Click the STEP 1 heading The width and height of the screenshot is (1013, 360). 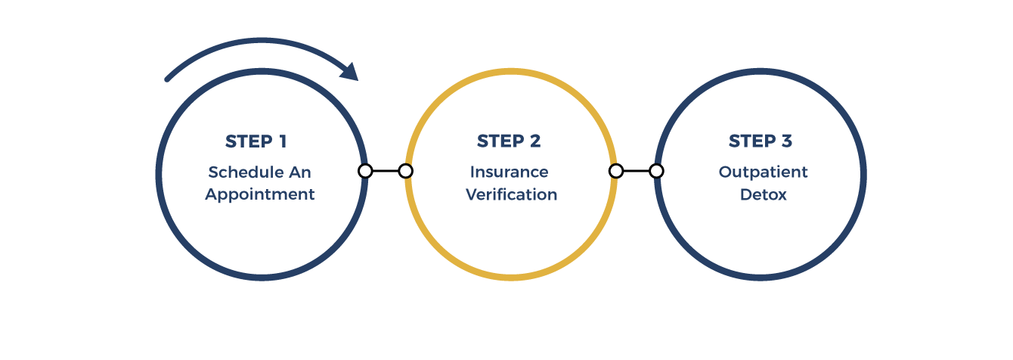(x=256, y=141)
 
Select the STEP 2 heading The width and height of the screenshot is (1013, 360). (x=509, y=141)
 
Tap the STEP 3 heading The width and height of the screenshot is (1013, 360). (x=761, y=141)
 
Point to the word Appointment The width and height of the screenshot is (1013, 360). (x=259, y=194)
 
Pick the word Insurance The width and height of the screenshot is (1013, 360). (x=509, y=172)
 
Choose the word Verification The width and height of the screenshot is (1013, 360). (x=511, y=194)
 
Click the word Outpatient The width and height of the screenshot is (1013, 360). (x=763, y=172)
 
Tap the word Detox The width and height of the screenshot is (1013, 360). (x=763, y=194)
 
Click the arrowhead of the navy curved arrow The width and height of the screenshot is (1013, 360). (x=350, y=73)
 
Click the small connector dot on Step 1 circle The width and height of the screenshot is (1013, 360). (x=365, y=171)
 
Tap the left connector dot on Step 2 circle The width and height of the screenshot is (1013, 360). (x=405, y=171)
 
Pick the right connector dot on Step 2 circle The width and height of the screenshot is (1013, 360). (x=616, y=171)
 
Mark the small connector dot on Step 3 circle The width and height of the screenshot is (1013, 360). (x=656, y=171)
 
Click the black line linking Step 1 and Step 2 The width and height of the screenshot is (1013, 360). (x=386, y=171)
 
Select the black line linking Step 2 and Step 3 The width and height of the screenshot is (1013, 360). (x=637, y=171)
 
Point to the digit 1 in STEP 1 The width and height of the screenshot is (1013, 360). (x=282, y=141)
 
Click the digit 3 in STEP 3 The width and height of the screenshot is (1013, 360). (x=786, y=141)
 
